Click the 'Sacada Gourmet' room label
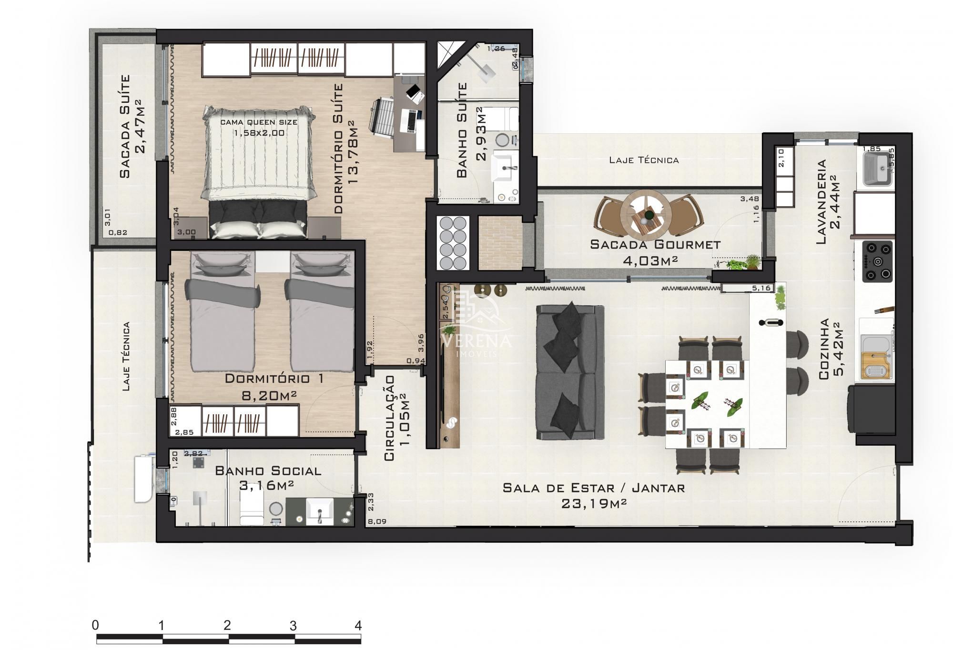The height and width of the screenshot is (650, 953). coord(655,245)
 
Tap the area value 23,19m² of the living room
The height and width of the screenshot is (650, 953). coord(593,503)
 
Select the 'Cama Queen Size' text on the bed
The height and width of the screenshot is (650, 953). coord(259,122)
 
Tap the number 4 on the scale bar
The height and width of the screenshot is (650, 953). coord(358,626)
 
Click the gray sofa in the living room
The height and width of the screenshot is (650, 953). coord(569,372)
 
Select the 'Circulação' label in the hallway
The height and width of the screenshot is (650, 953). coord(389,418)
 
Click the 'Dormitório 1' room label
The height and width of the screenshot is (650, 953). coord(274,379)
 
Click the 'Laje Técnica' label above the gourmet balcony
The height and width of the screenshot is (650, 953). coord(644,160)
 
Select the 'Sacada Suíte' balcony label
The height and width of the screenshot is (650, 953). coord(125,126)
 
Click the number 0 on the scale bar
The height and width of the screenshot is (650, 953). coord(96,626)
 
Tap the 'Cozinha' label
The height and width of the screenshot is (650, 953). coord(823,349)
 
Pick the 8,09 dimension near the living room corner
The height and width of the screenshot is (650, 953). coord(377,521)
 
